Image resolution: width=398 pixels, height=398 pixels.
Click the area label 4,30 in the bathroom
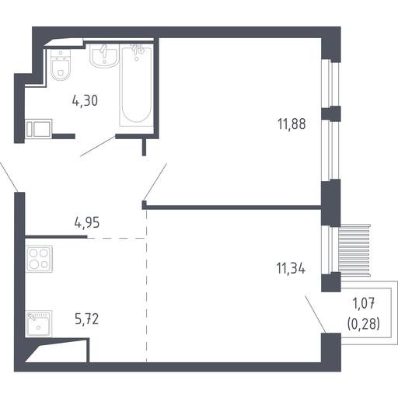click(x=85, y=100)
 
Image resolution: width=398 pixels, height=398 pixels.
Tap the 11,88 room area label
click(x=292, y=124)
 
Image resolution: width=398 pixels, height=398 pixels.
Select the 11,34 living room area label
click(x=291, y=268)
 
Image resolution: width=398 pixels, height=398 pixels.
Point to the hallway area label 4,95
click(x=87, y=222)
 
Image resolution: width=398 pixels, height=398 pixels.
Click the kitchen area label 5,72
click(x=87, y=319)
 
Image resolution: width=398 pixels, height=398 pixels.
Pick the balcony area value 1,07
click(x=364, y=303)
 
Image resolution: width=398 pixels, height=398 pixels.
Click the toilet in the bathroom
click(x=61, y=65)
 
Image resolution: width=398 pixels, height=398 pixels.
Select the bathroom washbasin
click(x=104, y=55)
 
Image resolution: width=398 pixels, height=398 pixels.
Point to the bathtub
click(x=137, y=86)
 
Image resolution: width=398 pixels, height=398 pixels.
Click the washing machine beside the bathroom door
click(x=39, y=128)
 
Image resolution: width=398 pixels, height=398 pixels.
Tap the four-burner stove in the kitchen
click(x=39, y=259)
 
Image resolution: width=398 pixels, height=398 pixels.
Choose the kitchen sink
click(x=39, y=323)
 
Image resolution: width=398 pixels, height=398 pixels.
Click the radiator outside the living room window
click(x=354, y=250)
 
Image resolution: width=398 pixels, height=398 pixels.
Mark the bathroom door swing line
click(x=98, y=146)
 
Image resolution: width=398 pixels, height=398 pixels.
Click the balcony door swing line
click(x=316, y=314)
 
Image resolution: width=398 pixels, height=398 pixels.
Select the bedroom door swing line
click(x=155, y=182)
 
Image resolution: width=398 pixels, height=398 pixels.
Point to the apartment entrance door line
click(x=9, y=177)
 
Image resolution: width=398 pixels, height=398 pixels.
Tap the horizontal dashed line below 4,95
click(x=117, y=238)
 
